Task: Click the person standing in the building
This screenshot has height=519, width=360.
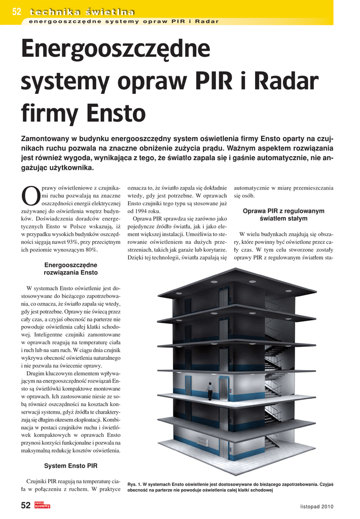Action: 210,391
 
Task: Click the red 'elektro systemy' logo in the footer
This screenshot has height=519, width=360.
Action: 43,505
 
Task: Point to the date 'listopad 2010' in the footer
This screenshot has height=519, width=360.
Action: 316,506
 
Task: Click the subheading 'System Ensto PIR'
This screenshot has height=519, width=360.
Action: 70,465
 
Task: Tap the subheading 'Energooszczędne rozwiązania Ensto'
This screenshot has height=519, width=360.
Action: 70,269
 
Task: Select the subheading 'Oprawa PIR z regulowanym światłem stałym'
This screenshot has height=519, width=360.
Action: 283,214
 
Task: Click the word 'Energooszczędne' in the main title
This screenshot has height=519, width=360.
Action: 116,50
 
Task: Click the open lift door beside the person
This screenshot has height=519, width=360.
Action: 223,388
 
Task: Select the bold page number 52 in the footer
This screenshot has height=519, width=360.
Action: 26,505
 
